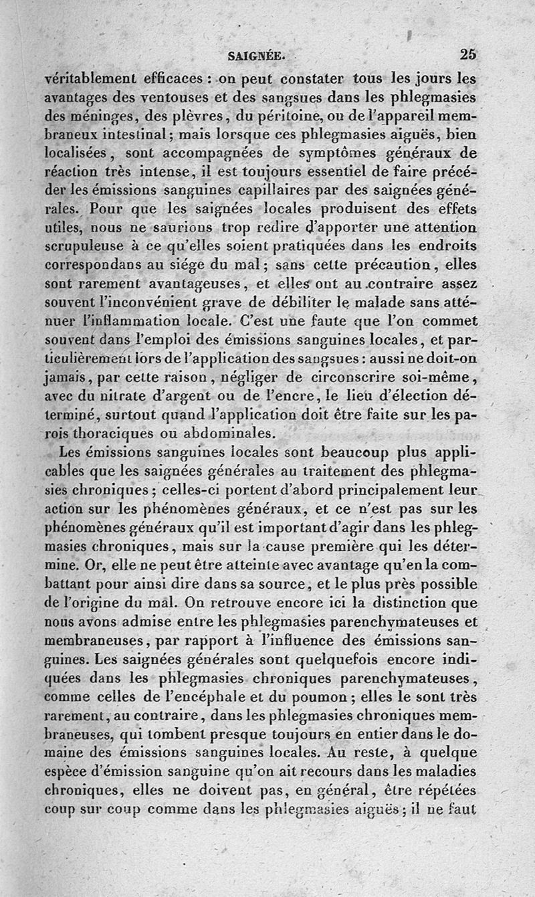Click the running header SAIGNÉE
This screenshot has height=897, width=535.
256,56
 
